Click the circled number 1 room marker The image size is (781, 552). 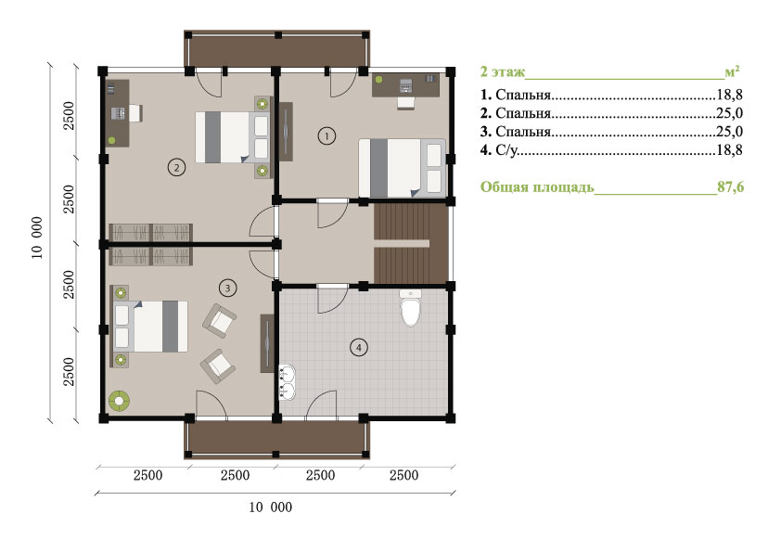(x=326, y=135)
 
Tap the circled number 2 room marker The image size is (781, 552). (x=176, y=167)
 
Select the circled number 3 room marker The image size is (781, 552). (x=227, y=288)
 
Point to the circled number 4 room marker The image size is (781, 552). (x=359, y=347)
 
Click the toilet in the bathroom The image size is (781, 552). (x=410, y=308)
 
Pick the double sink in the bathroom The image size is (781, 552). (x=287, y=382)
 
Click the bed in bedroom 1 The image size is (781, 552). (x=403, y=168)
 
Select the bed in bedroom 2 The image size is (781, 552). (x=233, y=137)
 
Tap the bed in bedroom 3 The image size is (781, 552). (x=150, y=327)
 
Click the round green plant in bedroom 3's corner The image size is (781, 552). (x=120, y=401)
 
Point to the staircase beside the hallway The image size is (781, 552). (x=411, y=244)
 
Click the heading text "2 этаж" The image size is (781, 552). (x=503, y=71)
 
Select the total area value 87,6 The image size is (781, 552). (x=731, y=186)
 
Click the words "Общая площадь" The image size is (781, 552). (x=537, y=187)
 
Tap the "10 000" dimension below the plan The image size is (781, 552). (x=271, y=507)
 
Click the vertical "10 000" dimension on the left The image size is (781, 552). (x=37, y=237)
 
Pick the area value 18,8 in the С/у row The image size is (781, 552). (x=730, y=149)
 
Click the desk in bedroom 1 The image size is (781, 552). (x=406, y=84)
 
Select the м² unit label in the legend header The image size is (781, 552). (x=732, y=71)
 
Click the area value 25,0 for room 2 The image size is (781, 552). (x=730, y=113)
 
